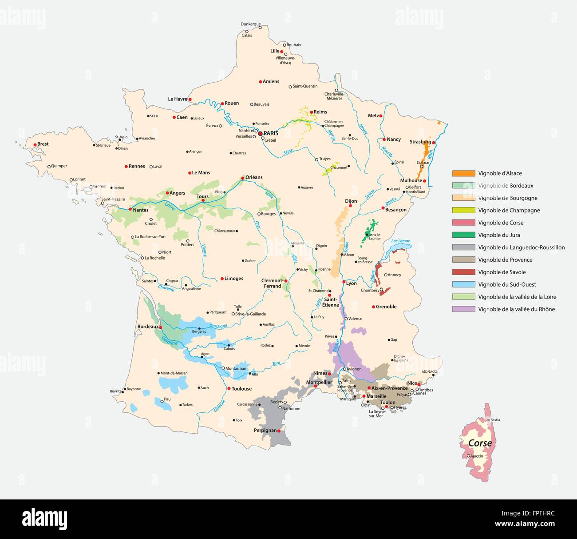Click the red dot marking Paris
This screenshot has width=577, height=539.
(260, 133)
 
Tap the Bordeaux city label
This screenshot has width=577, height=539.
(148, 327)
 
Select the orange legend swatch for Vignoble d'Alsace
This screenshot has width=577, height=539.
(463, 173)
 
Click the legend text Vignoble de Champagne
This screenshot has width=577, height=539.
(509, 211)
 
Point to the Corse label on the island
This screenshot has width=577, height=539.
(480, 443)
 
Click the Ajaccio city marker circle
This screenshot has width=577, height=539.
(468, 455)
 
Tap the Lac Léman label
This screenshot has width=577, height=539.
(401, 241)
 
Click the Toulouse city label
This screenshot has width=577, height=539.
(241, 389)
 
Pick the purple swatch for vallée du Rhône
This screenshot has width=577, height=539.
(463, 309)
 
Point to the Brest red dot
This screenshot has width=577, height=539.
(35, 145)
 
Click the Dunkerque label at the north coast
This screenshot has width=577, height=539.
(250, 24)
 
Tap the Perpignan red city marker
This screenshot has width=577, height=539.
(279, 431)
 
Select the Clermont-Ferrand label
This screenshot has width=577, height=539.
(272, 283)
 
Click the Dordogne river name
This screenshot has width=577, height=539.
(218, 326)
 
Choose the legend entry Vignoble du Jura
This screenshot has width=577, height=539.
(499, 235)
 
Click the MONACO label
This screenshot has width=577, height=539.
(429, 371)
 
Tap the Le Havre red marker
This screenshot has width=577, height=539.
(190, 100)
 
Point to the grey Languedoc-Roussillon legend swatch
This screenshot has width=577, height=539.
(463, 248)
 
